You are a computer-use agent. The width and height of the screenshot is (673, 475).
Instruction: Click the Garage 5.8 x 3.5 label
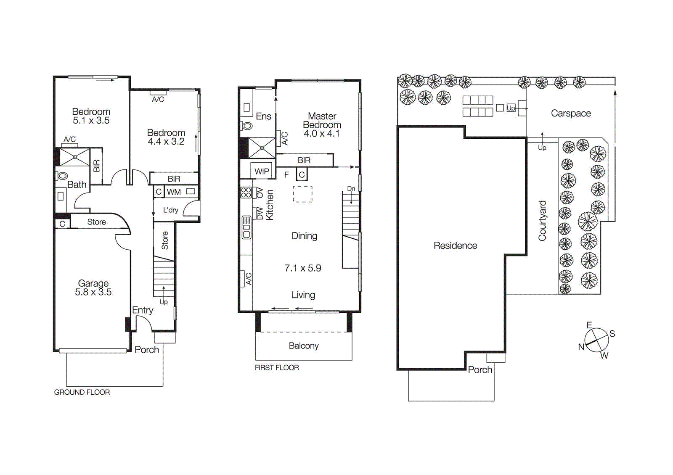pyautogui.click(x=93, y=288)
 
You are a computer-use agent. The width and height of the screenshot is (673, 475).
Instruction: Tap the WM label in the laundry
pyautogui.click(x=174, y=192)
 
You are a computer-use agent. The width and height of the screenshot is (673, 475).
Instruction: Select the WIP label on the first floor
pyautogui.click(x=262, y=172)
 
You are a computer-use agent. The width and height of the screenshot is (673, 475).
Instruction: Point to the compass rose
pyautogui.click(x=596, y=340)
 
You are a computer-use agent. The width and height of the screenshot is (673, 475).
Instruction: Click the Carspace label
pyautogui.click(x=571, y=113)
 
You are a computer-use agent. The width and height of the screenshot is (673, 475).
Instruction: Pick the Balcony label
pyautogui.click(x=303, y=346)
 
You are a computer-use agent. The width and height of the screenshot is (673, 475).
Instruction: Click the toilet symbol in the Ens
pyautogui.click(x=247, y=125)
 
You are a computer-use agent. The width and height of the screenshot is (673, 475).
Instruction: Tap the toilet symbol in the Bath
pyautogui.click(x=62, y=176)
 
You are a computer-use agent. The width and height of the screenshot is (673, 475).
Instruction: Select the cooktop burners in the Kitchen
pyautogui.click(x=246, y=193)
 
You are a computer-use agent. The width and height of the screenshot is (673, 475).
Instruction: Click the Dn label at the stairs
pyautogui.click(x=351, y=189)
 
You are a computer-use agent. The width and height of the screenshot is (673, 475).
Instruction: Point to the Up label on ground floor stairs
pyautogui.click(x=163, y=302)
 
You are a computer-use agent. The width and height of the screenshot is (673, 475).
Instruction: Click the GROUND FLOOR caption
pyautogui.click(x=82, y=392)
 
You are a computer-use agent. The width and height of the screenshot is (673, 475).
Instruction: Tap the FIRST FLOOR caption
pyautogui.click(x=277, y=368)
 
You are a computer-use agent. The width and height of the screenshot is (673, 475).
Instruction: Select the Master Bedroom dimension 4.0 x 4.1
pyautogui.click(x=321, y=134)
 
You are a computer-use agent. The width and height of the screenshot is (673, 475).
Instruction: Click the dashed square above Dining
pyautogui.click(x=302, y=195)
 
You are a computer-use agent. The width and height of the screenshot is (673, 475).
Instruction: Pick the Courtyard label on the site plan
pyautogui.click(x=542, y=221)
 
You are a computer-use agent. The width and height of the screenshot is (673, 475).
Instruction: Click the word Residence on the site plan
pyautogui.click(x=455, y=245)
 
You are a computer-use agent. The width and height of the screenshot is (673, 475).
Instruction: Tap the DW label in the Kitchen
pyautogui.click(x=260, y=213)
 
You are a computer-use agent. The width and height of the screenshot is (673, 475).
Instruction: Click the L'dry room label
pyautogui.click(x=170, y=210)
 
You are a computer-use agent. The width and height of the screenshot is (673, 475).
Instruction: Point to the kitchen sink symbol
pyautogui.click(x=246, y=228)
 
